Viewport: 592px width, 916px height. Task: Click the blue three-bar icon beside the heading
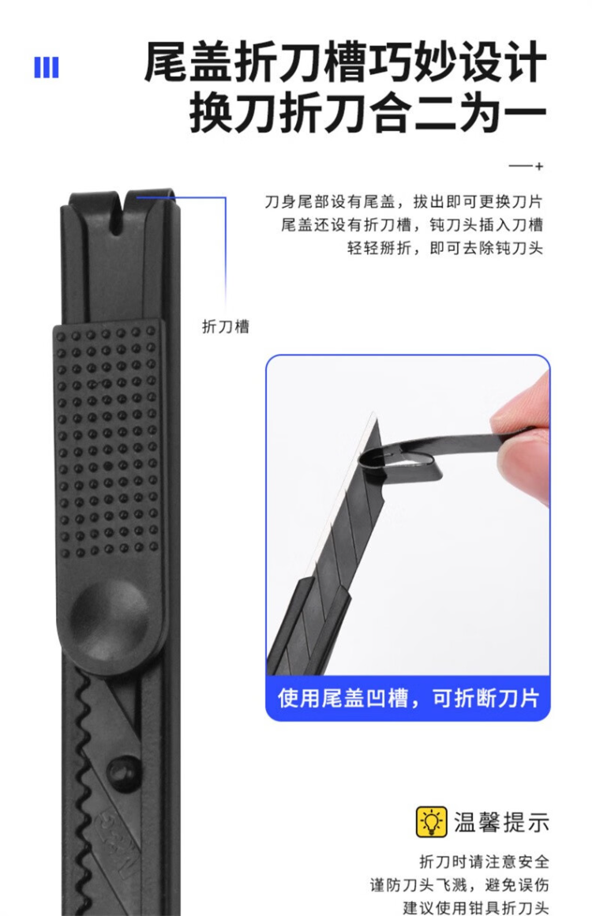click(46, 67)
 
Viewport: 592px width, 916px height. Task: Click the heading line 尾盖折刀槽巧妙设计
click(345, 62)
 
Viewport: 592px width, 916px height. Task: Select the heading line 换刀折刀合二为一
click(368, 113)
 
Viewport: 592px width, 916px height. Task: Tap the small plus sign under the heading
click(539, 167)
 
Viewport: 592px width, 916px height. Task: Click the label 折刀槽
click(226, 326)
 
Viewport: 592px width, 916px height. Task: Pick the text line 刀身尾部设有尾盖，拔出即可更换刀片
click(403, 202)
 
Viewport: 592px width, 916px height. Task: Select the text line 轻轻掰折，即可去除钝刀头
click(445, 248)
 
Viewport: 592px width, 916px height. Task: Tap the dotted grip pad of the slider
click(107, 441)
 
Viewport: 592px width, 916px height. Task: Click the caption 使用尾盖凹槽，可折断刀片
click(408, 698)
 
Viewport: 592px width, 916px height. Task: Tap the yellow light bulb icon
click(432, 822)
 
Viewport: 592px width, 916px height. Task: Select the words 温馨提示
click(501, 822)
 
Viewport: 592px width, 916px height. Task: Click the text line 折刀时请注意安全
click(485, 861)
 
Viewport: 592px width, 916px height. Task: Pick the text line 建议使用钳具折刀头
click(476, 907)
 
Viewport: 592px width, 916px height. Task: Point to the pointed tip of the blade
click(373, 414)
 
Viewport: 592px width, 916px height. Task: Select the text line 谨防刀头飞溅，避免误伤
click(459, 884)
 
